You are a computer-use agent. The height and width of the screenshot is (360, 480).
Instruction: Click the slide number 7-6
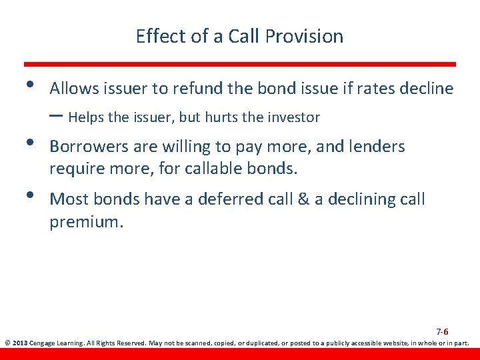(442, 332)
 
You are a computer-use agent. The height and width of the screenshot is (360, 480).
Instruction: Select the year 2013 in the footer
(19, 344)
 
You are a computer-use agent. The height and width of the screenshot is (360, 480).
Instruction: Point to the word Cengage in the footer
(44, 344)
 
